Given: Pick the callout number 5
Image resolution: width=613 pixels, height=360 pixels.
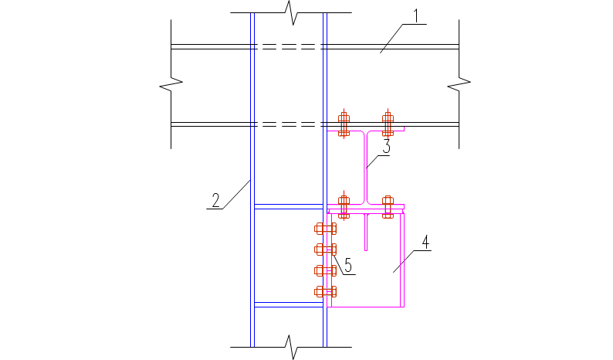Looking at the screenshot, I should coord(348,265).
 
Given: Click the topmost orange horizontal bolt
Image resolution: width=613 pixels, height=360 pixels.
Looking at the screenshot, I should coord(325,229).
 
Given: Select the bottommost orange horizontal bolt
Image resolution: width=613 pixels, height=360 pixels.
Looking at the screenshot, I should coord(325,291).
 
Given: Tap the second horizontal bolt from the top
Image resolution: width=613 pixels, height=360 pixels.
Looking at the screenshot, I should coord(325,250).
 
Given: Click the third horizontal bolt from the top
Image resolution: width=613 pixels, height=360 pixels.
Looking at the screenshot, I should coord(325,270).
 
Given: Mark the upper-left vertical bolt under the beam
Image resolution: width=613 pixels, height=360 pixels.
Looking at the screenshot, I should coord(344,124).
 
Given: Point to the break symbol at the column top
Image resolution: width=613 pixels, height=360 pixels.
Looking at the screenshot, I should coord(290,12).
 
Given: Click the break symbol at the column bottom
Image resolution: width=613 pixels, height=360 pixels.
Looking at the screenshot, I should coord(290,346).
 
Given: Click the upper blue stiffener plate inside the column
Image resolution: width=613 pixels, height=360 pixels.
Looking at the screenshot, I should coord(288,206).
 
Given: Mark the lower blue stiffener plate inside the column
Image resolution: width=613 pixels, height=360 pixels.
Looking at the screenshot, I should coord(288,304).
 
